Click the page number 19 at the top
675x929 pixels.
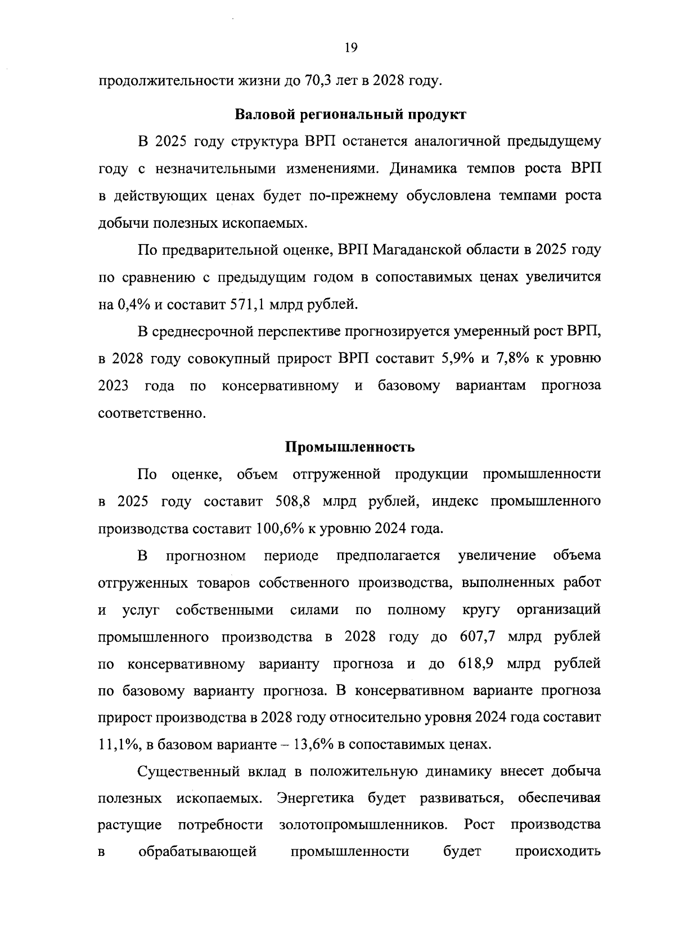click(350, 48)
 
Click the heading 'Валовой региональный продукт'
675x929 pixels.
click(350, 115)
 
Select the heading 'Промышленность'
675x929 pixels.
click(350, 447)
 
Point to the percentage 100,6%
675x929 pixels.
click(276, 529)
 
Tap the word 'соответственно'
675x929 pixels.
click(150, 413)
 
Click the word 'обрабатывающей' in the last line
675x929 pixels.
click(197, 852)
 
